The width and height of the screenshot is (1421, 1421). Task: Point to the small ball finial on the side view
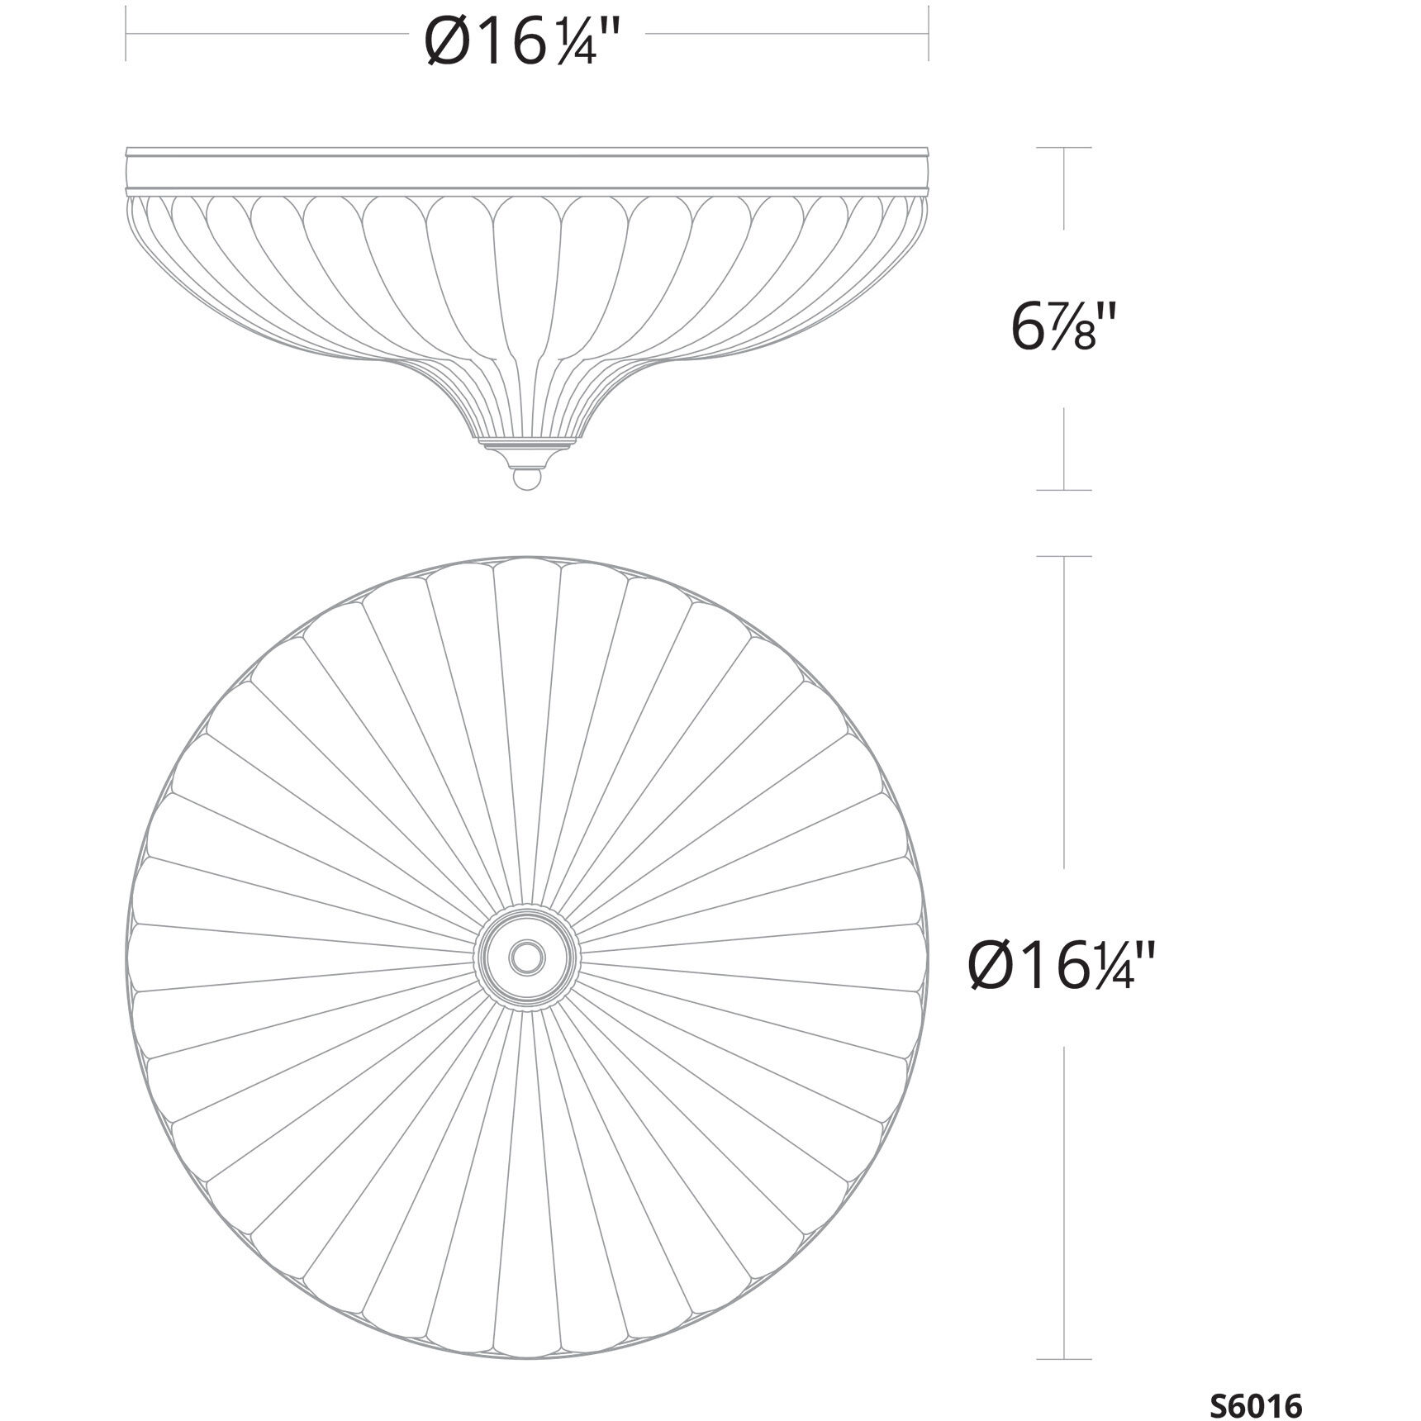[527, 478]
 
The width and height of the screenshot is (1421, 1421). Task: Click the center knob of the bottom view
[527, 957]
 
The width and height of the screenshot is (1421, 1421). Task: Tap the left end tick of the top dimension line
[126, 34]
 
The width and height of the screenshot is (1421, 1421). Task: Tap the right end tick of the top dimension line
[929, 34]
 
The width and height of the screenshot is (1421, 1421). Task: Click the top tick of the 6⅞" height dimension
[1064, 148]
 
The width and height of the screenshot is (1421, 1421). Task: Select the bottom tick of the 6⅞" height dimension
[1064, 490]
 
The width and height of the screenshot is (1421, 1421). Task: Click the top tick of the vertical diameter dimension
[1064, 556]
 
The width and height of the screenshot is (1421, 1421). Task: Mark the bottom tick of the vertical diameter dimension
[1064, 1358]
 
